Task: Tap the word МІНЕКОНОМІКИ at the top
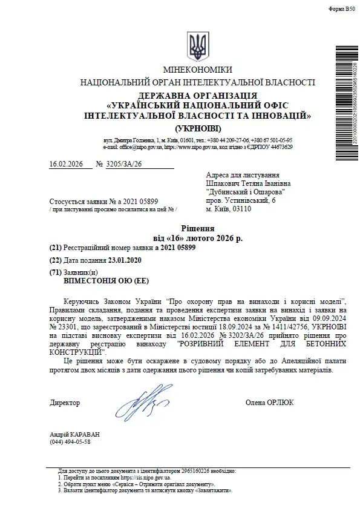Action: coord(197,71)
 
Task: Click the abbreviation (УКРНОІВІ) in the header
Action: coord(198,129)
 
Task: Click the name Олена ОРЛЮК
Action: coord(270,402)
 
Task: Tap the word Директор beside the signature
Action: coord(65,402)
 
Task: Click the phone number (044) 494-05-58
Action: coord(70,443)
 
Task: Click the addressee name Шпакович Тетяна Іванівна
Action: coord(248,183)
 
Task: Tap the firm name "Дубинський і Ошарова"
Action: coord(246,191)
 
